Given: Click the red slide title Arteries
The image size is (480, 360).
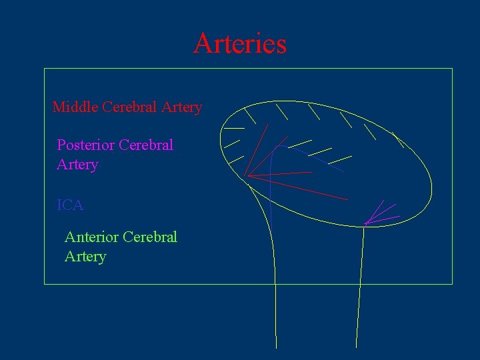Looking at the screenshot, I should [240, 43].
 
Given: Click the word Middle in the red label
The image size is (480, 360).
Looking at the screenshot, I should [75, 107].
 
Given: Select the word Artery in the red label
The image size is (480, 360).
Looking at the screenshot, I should [181, 107].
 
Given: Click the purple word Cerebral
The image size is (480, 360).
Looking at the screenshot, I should [146, 145].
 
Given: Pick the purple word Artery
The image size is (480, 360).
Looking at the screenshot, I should [77, 165].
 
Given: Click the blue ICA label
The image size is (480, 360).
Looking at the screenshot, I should [71, 205].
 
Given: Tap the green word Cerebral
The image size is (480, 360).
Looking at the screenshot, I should [151, 237].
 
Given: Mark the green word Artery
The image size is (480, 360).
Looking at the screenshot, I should [85, 257].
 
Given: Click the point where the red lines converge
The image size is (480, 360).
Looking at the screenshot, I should [248, 176].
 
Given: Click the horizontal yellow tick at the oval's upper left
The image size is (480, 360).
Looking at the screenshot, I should [234, 127].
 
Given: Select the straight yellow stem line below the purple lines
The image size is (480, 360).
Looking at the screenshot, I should [360, 287].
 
